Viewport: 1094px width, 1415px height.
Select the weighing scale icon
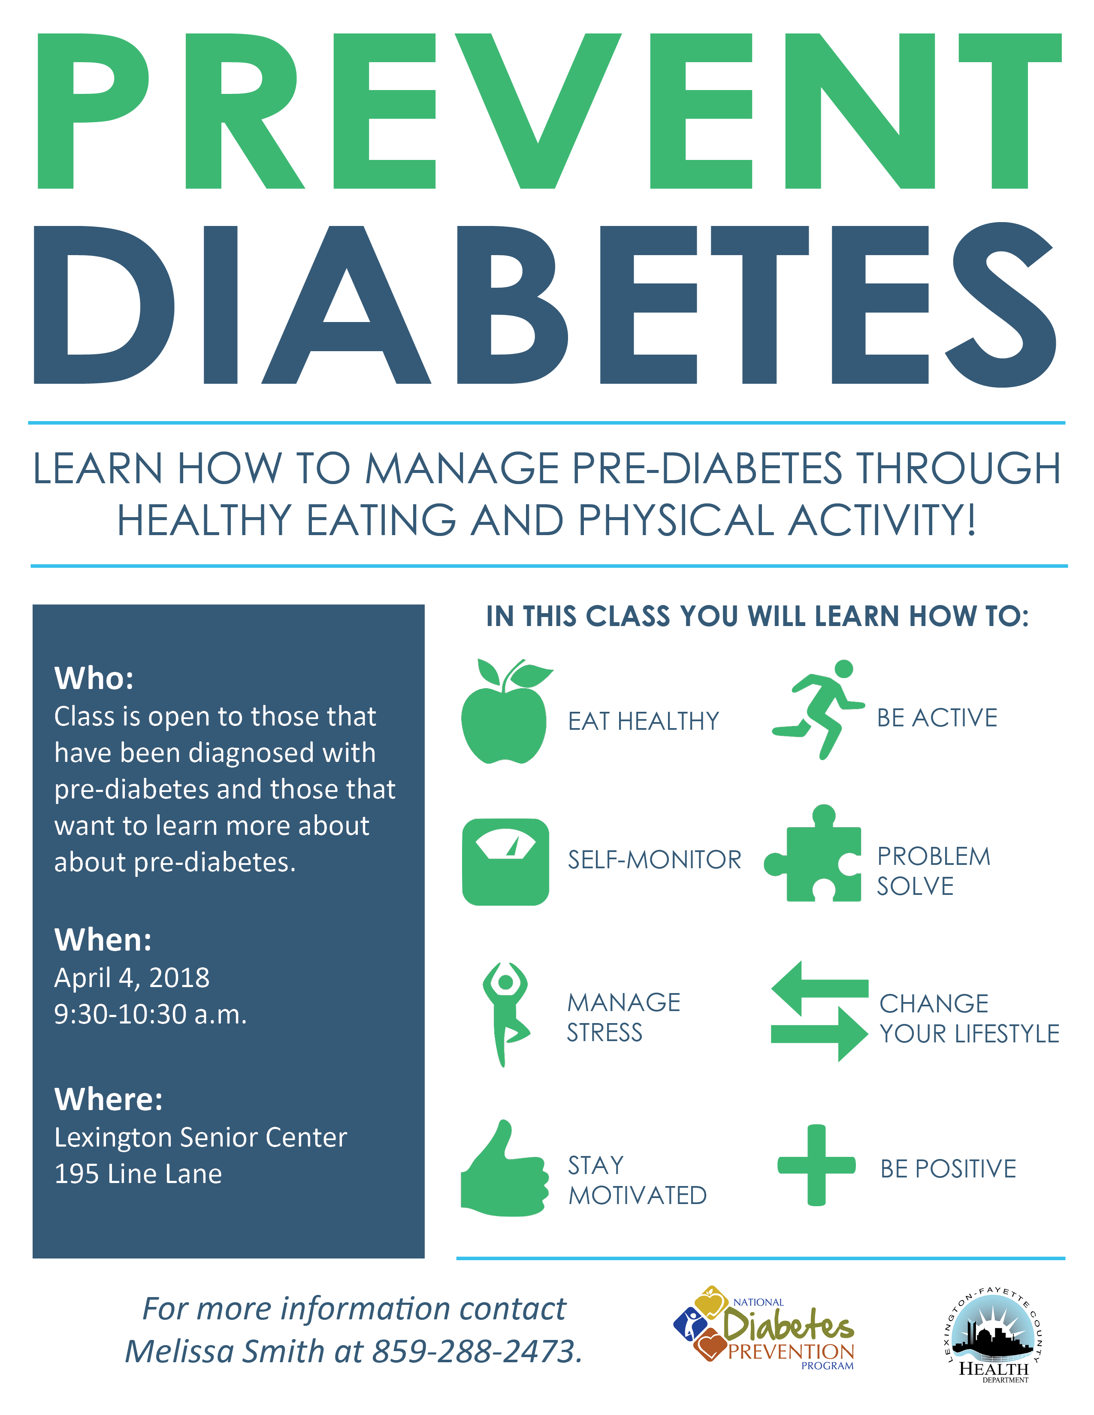(x=505, y=862)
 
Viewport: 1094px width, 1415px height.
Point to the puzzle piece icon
(x=814, y=853)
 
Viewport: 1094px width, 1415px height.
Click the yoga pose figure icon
(x=505, y=1014)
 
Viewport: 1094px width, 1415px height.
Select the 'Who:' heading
(x=94, y=678)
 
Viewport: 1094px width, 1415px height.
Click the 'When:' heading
(x=103, y=939)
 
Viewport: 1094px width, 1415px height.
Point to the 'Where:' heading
(x=109, y=1099)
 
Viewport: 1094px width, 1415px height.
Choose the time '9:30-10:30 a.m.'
(x=150, y=1015)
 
